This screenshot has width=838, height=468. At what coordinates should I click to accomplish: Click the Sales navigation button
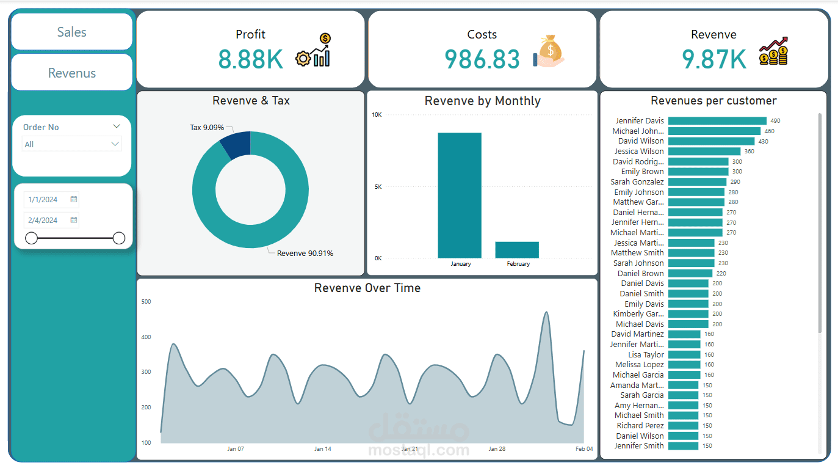[71, 32]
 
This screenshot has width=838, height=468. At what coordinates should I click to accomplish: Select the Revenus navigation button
[71, 73]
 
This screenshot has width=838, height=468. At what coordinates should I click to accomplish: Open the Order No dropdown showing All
[72, 144]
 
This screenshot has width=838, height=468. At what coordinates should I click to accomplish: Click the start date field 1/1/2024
[44, 200]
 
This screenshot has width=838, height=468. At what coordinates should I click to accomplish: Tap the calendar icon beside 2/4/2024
[74, 220]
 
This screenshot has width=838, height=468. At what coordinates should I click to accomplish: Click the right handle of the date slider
[119, 238]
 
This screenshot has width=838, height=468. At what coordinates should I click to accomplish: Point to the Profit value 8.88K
[250, 60]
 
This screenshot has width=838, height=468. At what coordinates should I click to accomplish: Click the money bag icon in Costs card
[549, 51]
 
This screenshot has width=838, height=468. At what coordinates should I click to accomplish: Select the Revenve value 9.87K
[713, 60]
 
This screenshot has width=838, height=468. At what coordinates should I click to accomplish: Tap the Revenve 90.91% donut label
[305, 254]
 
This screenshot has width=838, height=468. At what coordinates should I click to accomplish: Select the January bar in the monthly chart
[460, 196]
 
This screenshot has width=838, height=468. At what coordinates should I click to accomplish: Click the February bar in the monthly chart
[517, 250]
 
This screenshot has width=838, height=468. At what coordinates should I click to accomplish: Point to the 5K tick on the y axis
[378, 186]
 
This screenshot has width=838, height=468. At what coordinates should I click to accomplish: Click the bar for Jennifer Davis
[717, 121]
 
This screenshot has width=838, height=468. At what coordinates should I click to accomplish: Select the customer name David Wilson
[640, 141]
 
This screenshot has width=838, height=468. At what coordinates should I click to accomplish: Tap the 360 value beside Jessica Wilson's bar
[749, 152]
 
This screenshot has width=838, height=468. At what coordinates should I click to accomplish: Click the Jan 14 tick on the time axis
[323, 449]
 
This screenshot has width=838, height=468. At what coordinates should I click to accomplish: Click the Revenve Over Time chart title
[367, 288]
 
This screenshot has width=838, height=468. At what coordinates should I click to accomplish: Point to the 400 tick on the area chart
[146, 337]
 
